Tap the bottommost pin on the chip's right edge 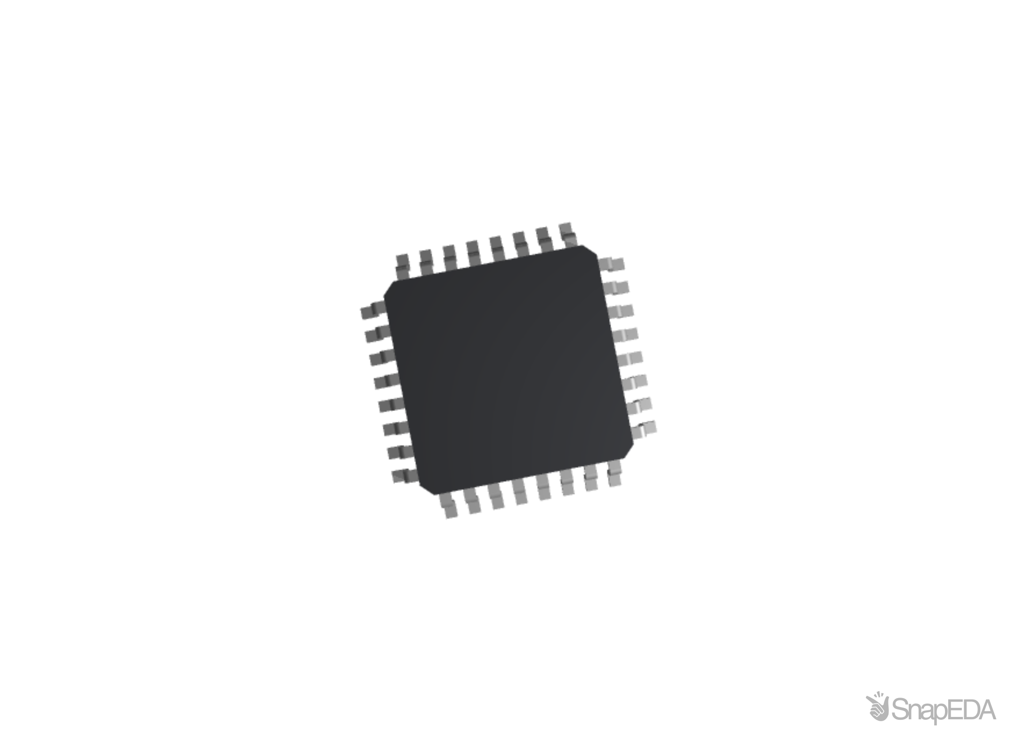point(644,430)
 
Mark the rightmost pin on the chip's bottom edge point(614,473)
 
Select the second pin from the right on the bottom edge point(591,478)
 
